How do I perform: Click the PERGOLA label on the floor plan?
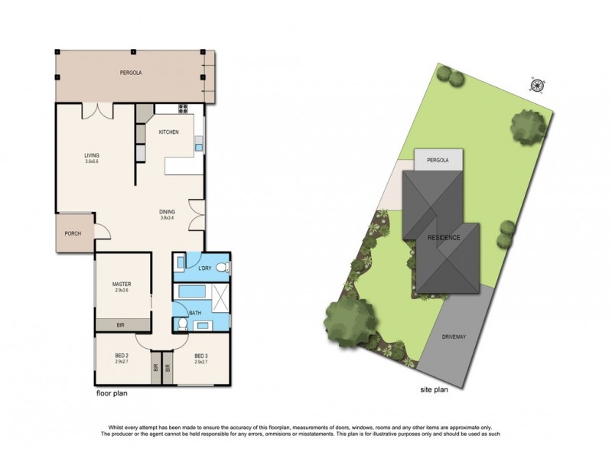[131, 73]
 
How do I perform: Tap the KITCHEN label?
[168, 132]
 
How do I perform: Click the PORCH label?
[73, 234]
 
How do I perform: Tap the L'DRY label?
[204, 268]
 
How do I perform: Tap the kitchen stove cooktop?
[183, 108]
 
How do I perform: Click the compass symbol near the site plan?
[538, 84]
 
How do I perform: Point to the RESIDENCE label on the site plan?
[444, 238]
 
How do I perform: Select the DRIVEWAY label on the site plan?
[455, 337]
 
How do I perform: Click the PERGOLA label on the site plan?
[438, 160]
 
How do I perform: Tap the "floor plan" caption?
[111, 394]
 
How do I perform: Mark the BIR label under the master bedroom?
[120, 326]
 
